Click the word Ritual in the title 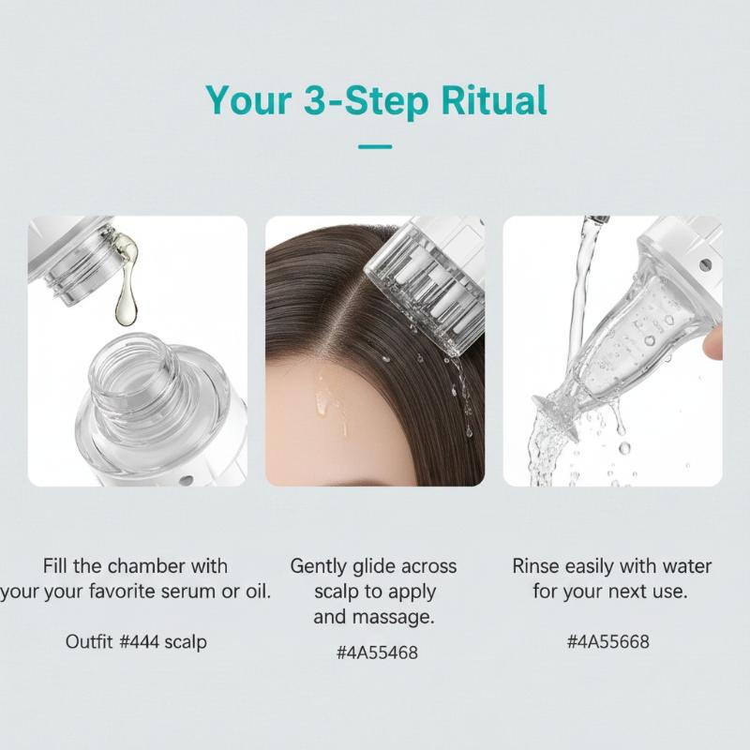pos(494,100)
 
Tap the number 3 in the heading pos(316,100)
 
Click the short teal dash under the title pos(375,147)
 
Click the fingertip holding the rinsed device pos(712,343)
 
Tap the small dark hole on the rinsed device pos(705,264)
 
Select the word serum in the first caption pos(189,592)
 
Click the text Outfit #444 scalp pos(136,642)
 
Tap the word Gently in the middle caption pos(319,567)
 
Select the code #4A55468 pos(377,652)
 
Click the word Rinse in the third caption pos(536,566)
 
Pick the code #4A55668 pos(608,642)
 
